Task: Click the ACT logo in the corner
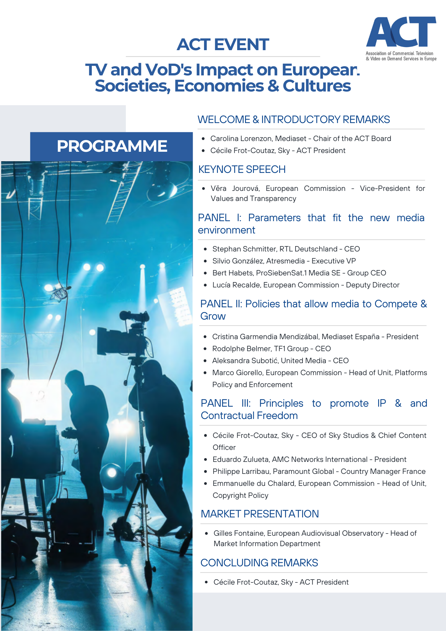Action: click(401, 38)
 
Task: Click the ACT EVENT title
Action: click(223, 44)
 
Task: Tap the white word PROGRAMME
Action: click(112, 146)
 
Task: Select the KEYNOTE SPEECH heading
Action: click(242, 169)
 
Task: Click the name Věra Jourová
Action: click(235, 188)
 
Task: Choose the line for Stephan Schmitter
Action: click(286, 249)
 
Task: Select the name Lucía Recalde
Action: click(237, 285)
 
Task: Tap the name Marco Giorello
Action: click(238, 373)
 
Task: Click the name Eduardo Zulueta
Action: click(241, 459)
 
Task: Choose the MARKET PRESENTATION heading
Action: click(260, 514)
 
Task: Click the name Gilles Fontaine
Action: click(239, 533)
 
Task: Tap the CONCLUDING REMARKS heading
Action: click(259, 563)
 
